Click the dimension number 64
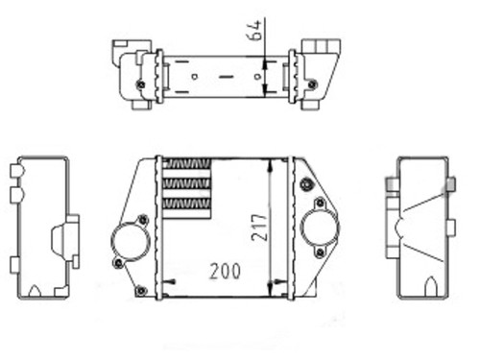tap(254, 31)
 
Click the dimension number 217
tap(259, 228)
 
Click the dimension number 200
tap(225, 272)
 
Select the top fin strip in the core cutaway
tap(186, 163)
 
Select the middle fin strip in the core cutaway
tap(186, 183)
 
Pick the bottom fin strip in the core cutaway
tap(186, 204)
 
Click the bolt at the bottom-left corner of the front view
tap(141, 291)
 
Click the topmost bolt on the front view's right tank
tap(306, 184)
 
